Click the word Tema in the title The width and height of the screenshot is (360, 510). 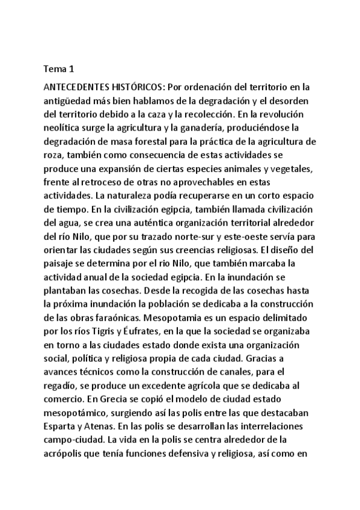[55, 69]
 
